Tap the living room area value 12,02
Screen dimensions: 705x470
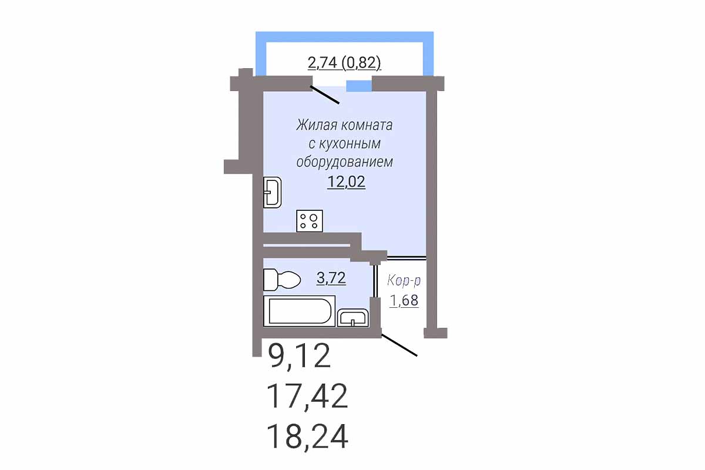pos(346,182)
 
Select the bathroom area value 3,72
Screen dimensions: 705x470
pos(331,278)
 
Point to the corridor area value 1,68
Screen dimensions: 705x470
pos(404,300)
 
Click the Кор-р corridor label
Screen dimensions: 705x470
pos(404,280)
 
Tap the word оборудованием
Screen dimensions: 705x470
pos(345,162)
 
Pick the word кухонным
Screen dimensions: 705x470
pos(350,143)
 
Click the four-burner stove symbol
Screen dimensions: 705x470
pos(310,221)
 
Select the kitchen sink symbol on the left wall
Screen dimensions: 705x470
pos(272,192)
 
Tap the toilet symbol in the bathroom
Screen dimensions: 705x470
pos(281,280)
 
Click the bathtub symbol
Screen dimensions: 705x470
pos(299,311)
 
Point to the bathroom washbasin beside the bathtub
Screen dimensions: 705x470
pos(353,318)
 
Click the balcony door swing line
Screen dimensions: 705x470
pos(325,95)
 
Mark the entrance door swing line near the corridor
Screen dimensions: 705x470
pos(399,345)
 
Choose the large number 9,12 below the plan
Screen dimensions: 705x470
pos(299,355)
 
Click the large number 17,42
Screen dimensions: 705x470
pos(307,397)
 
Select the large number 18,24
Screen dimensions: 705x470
pos(307,437)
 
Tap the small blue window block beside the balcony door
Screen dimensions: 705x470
pos(359,86)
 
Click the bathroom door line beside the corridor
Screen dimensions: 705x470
pos(375,281)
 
